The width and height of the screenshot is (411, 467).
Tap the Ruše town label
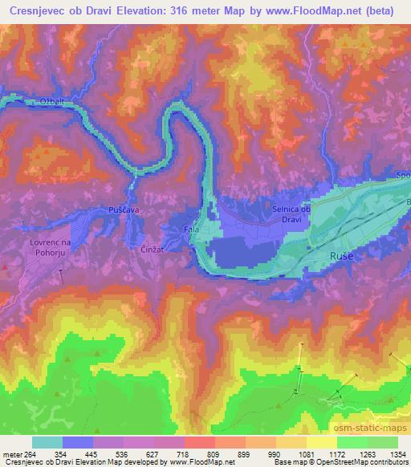tap(319, 257)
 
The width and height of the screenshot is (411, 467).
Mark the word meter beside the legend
tap(11, 454)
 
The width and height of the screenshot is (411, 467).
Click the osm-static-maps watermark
tap(376, 425)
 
